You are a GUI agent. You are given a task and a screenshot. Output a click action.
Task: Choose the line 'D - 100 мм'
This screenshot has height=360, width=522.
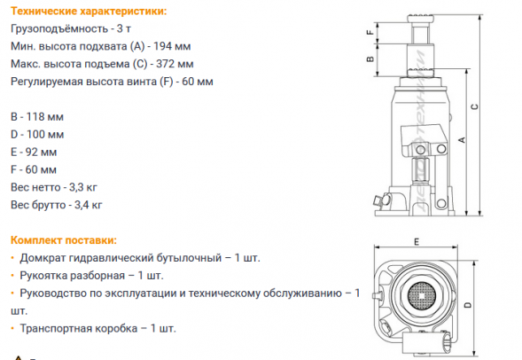coord(37,135)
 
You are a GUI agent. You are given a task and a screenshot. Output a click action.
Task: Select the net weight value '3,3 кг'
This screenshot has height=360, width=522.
coord(85,187)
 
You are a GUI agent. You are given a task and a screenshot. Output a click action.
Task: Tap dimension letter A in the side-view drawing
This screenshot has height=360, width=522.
coord(461,139)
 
